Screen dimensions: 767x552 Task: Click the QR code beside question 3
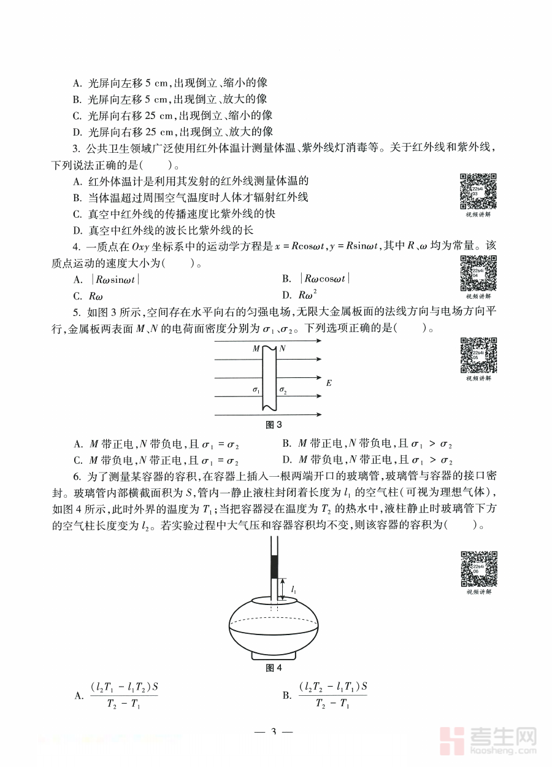click(478, 191)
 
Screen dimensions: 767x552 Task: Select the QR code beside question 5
click(478, 355)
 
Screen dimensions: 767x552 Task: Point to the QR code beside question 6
click(478, 568)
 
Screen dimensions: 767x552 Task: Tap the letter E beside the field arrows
click(329, 383)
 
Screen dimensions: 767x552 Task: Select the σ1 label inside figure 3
click(256, 390)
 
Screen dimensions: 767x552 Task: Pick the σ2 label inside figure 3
click(283, 390)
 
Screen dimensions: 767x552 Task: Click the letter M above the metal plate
click(256, 349)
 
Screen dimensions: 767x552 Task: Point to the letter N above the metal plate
click(282, 349)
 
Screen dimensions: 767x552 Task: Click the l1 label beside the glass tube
click(295, 590)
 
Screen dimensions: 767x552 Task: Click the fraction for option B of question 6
click(332, 695)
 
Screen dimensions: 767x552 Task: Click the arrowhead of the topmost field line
click(318, 342)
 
